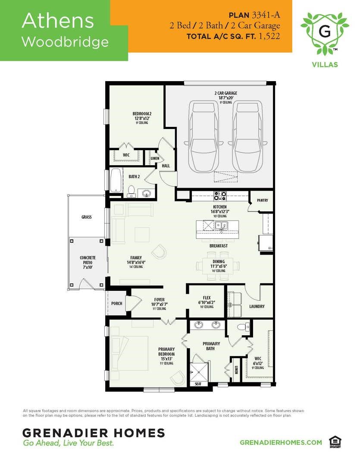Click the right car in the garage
[x=247, y=137]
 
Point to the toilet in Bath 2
[x=131, y=190]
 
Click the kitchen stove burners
[x=220, y=196]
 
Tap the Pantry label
[x=263, y=200]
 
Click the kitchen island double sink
[x=222, y=225]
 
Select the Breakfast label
[x=219, y=246]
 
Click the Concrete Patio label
[x=88, y=262]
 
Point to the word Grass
[x=86, y=217]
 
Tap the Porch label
[x=116, y=303]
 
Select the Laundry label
[x=257, y=306]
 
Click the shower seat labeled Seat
[x=198, y=384]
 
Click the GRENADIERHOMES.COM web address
[x=281, y=442]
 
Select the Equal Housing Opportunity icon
[x=333, y=442]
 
